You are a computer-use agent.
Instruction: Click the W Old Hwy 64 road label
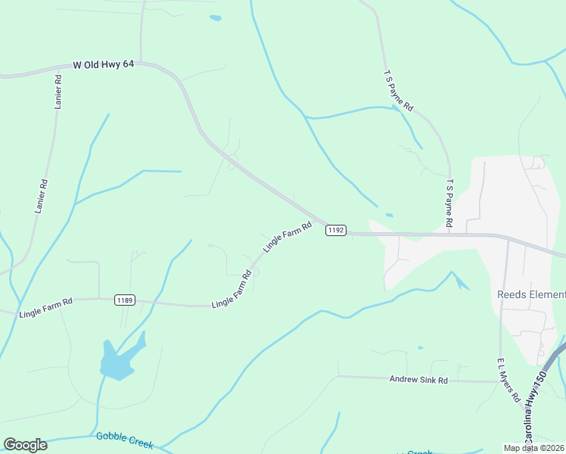(x=104, y=65)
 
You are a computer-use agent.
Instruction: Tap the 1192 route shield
(x=336, y=230)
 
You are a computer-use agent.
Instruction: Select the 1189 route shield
(x=125, y=300)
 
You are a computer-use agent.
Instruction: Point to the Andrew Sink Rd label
(x=418, y=379)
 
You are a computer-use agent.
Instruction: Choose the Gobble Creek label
(x=124, y=437)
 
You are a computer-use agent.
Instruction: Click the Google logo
(x=25, y=445)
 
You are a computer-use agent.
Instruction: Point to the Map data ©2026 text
(x=533, y=448)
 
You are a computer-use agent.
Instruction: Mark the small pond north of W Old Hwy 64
(x=216, y=17)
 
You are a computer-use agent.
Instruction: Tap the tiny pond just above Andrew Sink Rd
(x=421, y=348)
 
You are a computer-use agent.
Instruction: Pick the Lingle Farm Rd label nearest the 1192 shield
(x=288, y=238)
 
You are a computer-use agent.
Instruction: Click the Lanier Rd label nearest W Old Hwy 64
(x=58, y=92)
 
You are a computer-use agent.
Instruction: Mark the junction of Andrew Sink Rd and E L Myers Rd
(x=500, y=381)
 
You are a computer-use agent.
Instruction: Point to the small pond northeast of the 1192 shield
(x=389, y=215)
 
